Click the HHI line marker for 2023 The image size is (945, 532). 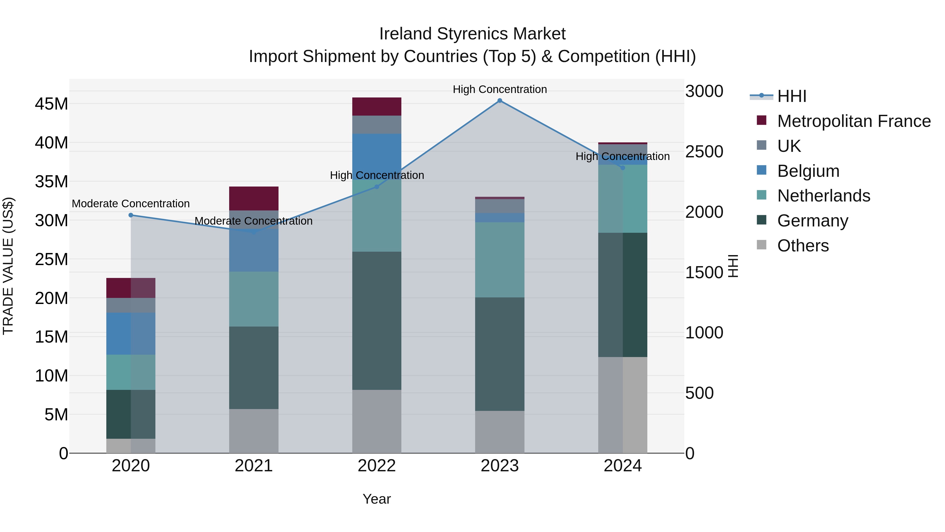500,101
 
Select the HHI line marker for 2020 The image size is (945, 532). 131,215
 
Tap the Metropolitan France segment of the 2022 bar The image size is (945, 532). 377,106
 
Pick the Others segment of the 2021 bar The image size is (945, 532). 254,431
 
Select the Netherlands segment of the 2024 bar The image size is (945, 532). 623,199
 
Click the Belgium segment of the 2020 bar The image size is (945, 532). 131,333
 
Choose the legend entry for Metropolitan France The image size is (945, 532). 854,121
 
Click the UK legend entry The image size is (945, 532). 789,146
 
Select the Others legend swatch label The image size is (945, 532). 803,246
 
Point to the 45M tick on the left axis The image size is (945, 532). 51,104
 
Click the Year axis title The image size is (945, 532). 377,499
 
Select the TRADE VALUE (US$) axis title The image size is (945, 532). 8,266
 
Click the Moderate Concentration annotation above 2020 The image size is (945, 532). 131,203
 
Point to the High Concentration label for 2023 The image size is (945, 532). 500,89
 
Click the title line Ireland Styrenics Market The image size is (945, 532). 472,34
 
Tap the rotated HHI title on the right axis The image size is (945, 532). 733,266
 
